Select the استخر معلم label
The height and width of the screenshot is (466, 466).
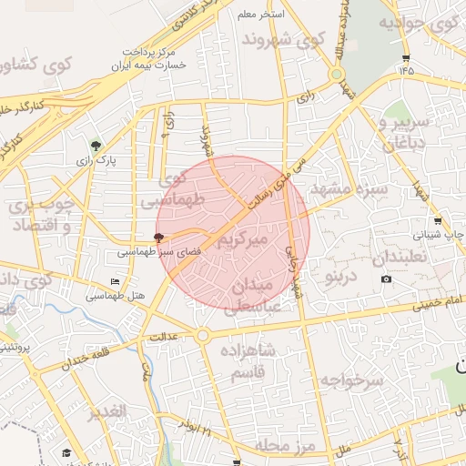260,15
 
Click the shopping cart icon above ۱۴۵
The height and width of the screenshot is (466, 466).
404,56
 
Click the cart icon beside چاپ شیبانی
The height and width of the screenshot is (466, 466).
438,221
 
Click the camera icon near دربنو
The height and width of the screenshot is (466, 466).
387,279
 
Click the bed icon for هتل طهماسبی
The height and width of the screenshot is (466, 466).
114,281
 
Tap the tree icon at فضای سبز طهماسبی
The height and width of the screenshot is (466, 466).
158,237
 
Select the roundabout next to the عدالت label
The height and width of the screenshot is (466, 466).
203,336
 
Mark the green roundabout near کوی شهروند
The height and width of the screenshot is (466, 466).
337,75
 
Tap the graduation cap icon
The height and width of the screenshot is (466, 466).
66,453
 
